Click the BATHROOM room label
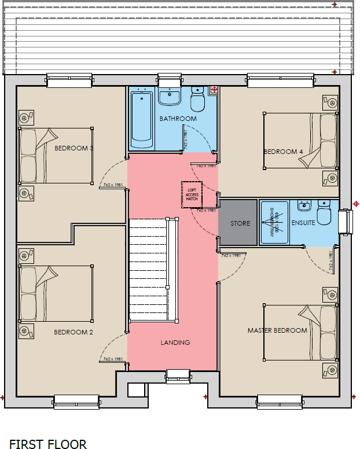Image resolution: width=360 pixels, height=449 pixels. tap(178, 119)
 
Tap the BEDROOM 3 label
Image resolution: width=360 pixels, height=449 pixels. tap(74, 148)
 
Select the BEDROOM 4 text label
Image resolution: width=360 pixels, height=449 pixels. tap(283, 152)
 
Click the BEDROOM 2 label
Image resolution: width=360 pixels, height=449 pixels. tap(74, 332)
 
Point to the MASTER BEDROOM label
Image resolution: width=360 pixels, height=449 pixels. tap(277, 330)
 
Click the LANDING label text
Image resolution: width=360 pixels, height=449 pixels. tap(175, 343)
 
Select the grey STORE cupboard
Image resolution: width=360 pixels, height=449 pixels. tap(238, 223)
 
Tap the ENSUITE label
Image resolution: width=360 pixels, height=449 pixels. tap(303, 223)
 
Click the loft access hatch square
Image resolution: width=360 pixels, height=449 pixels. tap(191, 194)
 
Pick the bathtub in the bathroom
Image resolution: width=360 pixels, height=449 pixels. tap(142, 119)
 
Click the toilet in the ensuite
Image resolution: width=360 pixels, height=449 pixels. tap(324, 212)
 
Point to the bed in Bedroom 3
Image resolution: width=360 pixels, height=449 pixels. tap(56, 156)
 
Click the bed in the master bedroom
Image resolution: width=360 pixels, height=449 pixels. tap(300, 333)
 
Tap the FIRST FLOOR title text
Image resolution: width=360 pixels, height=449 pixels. tap(47, 444)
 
